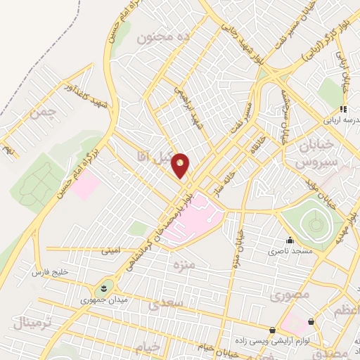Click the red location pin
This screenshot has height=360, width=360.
click(181, 165)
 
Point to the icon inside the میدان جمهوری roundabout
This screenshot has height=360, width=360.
click(105, 288)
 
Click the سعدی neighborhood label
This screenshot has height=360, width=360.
click(167, 304)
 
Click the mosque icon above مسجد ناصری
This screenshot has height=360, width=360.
click(289, 240)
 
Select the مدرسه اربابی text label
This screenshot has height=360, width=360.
click(342, 120)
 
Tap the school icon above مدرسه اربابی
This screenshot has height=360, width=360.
click(344, 109)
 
